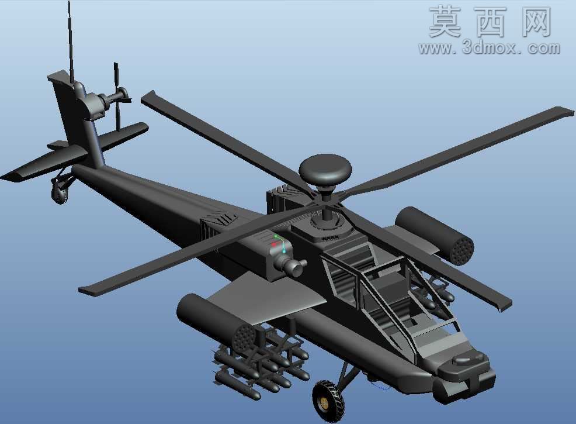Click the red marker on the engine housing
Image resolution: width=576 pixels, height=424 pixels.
(273, 244)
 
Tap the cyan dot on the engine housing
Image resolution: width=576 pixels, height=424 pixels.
(284, 251)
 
